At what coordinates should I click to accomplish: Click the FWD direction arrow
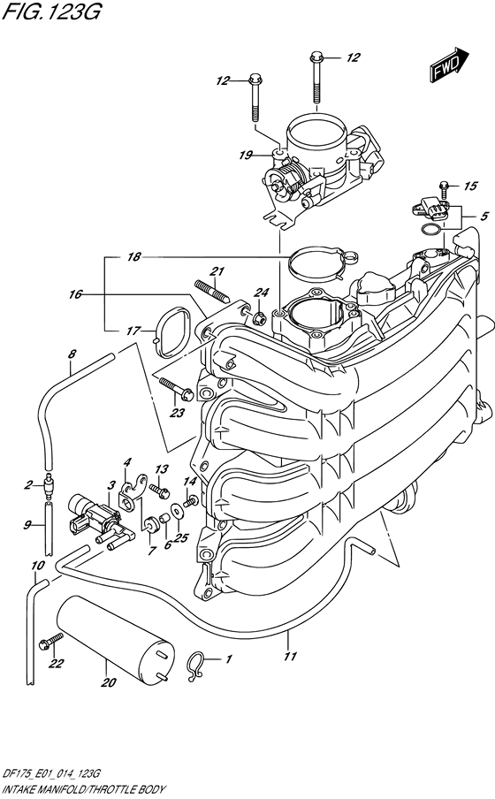(x=450, y=65)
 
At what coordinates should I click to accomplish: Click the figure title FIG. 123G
(x=52, y=11)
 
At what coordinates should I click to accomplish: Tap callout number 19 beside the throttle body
(x=246, y=155)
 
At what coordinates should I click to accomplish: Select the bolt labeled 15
(x=444, y=190)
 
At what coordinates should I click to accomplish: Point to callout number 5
(x=484, y=216)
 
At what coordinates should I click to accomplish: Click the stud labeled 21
(x=212, y=292)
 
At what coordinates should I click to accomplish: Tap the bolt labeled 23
(x=176, y=388)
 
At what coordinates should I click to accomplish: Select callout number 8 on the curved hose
(x=72, y=354)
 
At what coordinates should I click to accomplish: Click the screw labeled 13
(x=159, y=491)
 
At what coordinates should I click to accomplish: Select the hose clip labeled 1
(x=195, y=666)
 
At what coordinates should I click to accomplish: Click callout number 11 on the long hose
(x=290, y=657)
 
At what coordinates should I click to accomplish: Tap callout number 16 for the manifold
(x=75, y=294)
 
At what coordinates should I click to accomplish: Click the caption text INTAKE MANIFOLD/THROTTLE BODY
(x=84, y=789)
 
